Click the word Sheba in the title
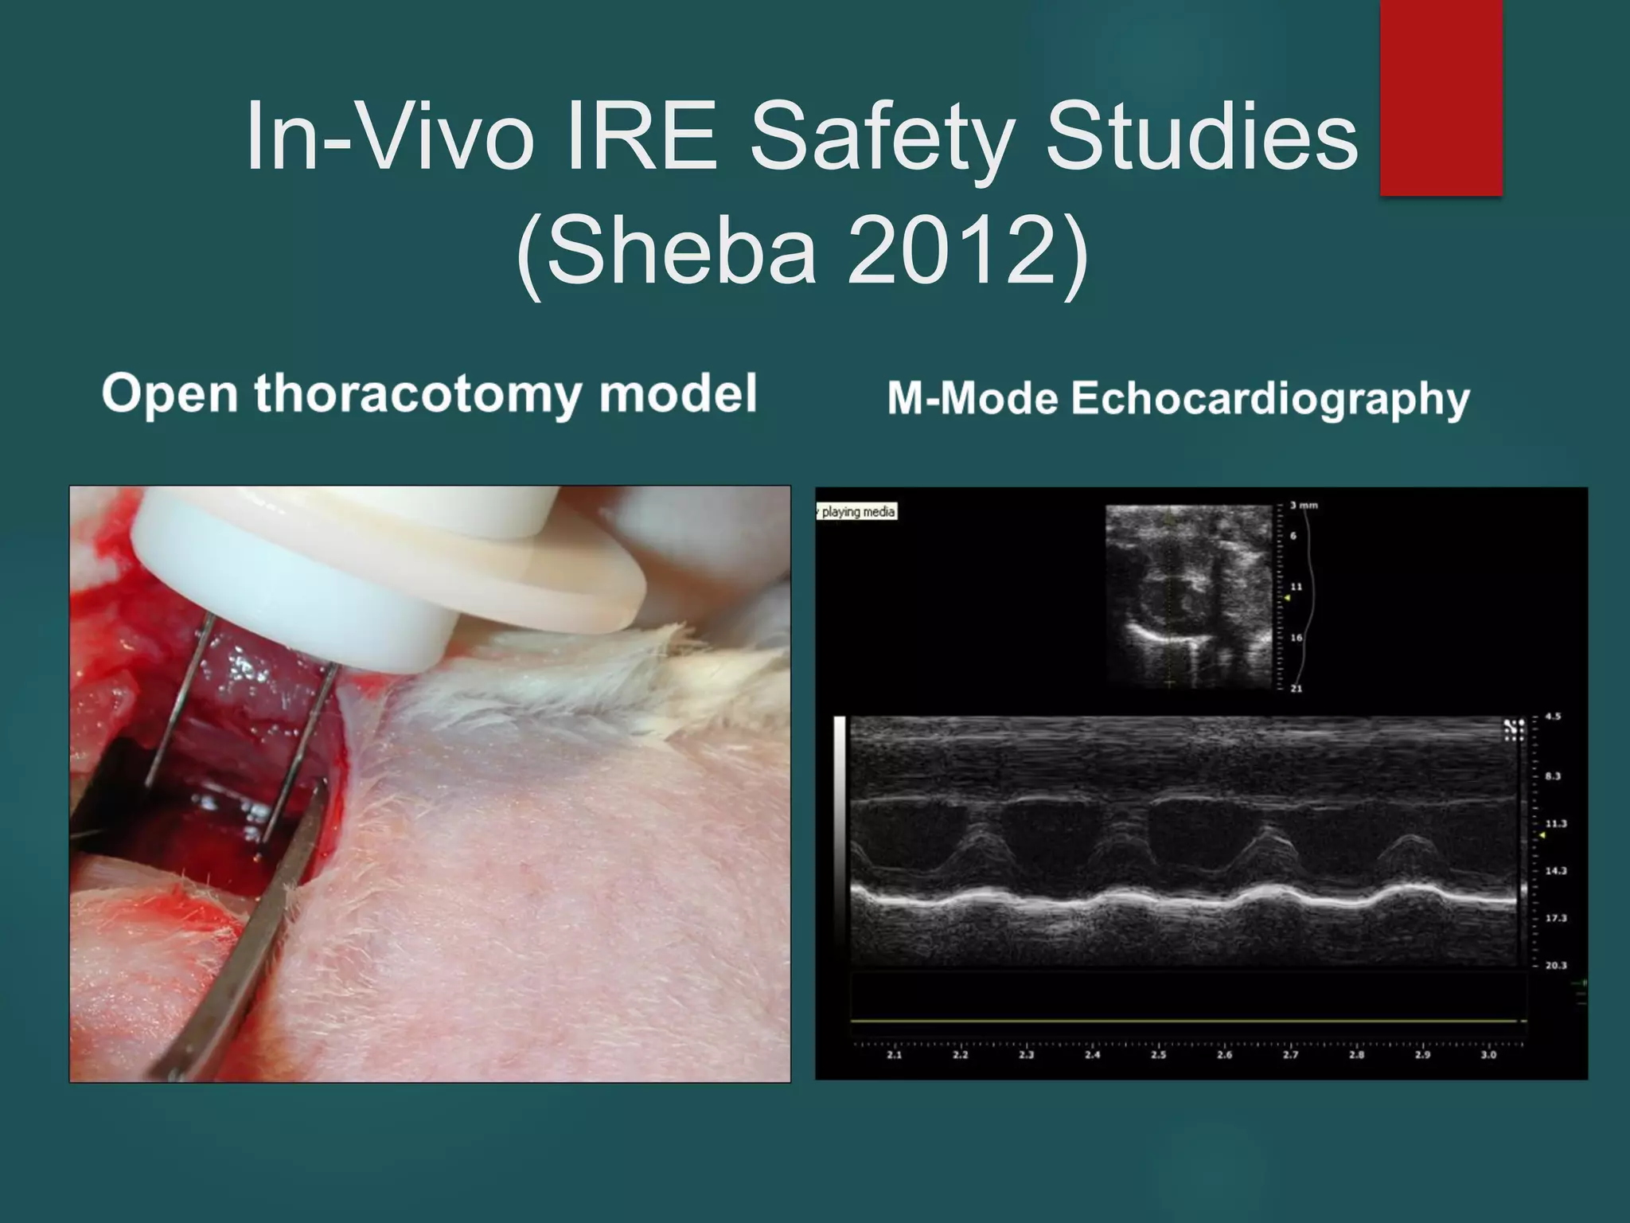point(681,252)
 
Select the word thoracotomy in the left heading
point(418,394)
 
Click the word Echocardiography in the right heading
point(1270,398)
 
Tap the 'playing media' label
point(858,511)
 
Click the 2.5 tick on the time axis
point(1159,1055)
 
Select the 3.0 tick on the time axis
point(1488,1055)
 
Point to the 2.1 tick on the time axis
point(895,1055)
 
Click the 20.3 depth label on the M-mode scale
point(1555,966)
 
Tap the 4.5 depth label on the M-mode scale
point(1553,717)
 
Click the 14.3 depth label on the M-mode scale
point(1555,871)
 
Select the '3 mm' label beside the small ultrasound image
point(1304,506)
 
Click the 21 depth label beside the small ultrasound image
point(1297,688)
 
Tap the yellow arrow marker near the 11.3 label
point(1542,835)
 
